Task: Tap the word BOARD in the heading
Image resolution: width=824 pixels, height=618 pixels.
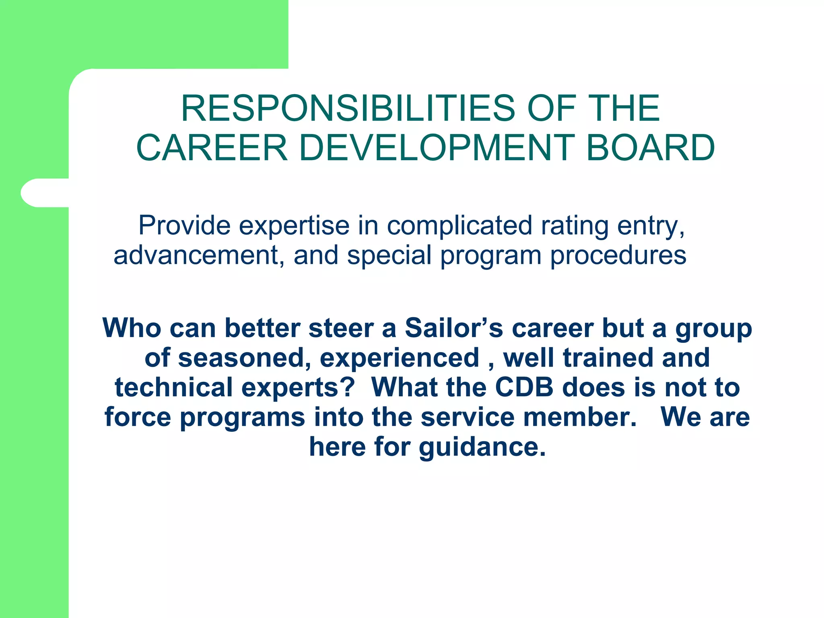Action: point(650,148)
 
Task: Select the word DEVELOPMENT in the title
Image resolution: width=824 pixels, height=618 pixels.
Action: point(437,148)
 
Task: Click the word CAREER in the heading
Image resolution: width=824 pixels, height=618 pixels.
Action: point(212,148)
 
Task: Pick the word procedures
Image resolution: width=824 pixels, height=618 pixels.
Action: point(618,255)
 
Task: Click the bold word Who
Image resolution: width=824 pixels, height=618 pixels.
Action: point(132,328)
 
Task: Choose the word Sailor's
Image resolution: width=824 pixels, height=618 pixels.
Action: point(454,328)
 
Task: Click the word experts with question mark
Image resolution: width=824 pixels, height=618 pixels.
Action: point(298,387)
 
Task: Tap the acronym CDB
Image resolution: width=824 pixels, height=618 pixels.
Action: point(524,387)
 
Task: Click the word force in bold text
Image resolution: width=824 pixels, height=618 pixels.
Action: point(138,417)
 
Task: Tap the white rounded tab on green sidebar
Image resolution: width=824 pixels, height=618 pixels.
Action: point(44,193)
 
